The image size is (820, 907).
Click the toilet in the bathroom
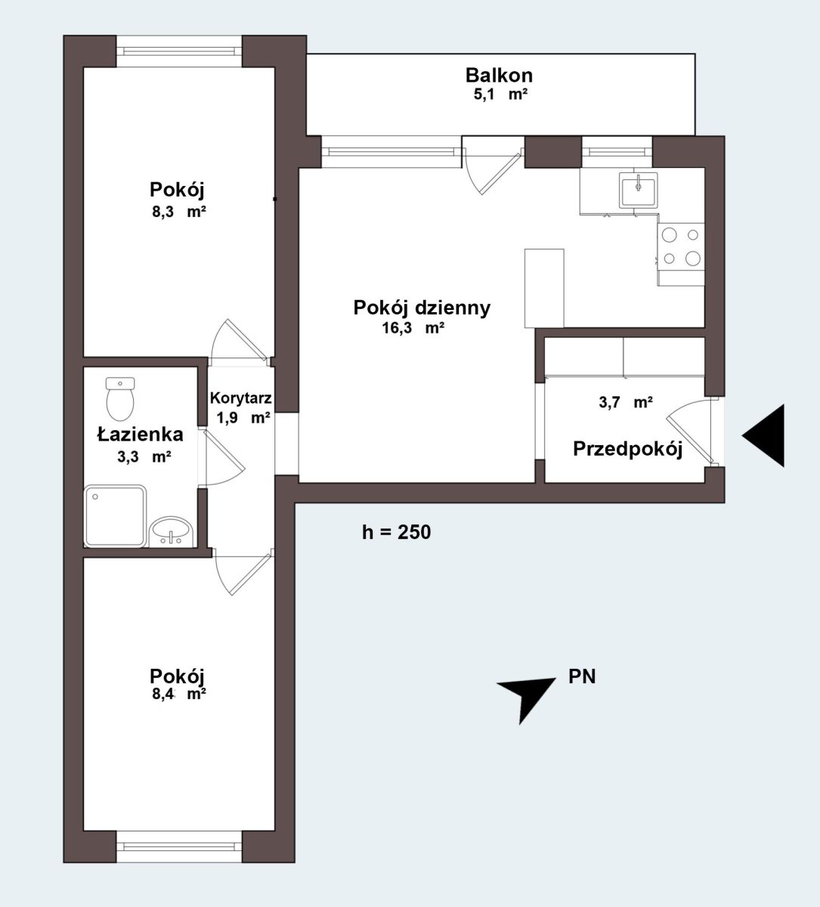(120, 399)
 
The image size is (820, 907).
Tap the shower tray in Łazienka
(116, 516)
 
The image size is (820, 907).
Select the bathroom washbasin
(172, 531)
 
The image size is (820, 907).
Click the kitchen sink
(638, 190)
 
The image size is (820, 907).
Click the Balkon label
(499, 76)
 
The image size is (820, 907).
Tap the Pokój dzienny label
(422, 308)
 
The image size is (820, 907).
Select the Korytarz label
(240, 398)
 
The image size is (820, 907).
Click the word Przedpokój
(627, 449)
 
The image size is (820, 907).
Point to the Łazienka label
(141, 435)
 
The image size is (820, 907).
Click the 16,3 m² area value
(413, 328)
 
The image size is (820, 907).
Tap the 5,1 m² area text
(500, 94)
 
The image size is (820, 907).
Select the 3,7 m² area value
(626, 402)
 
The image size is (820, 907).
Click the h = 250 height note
(396, 532)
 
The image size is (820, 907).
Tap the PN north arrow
(527, 698)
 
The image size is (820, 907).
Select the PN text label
(582, 677)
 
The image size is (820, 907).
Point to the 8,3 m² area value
(179, 212)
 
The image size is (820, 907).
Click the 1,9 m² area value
(243, 418)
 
